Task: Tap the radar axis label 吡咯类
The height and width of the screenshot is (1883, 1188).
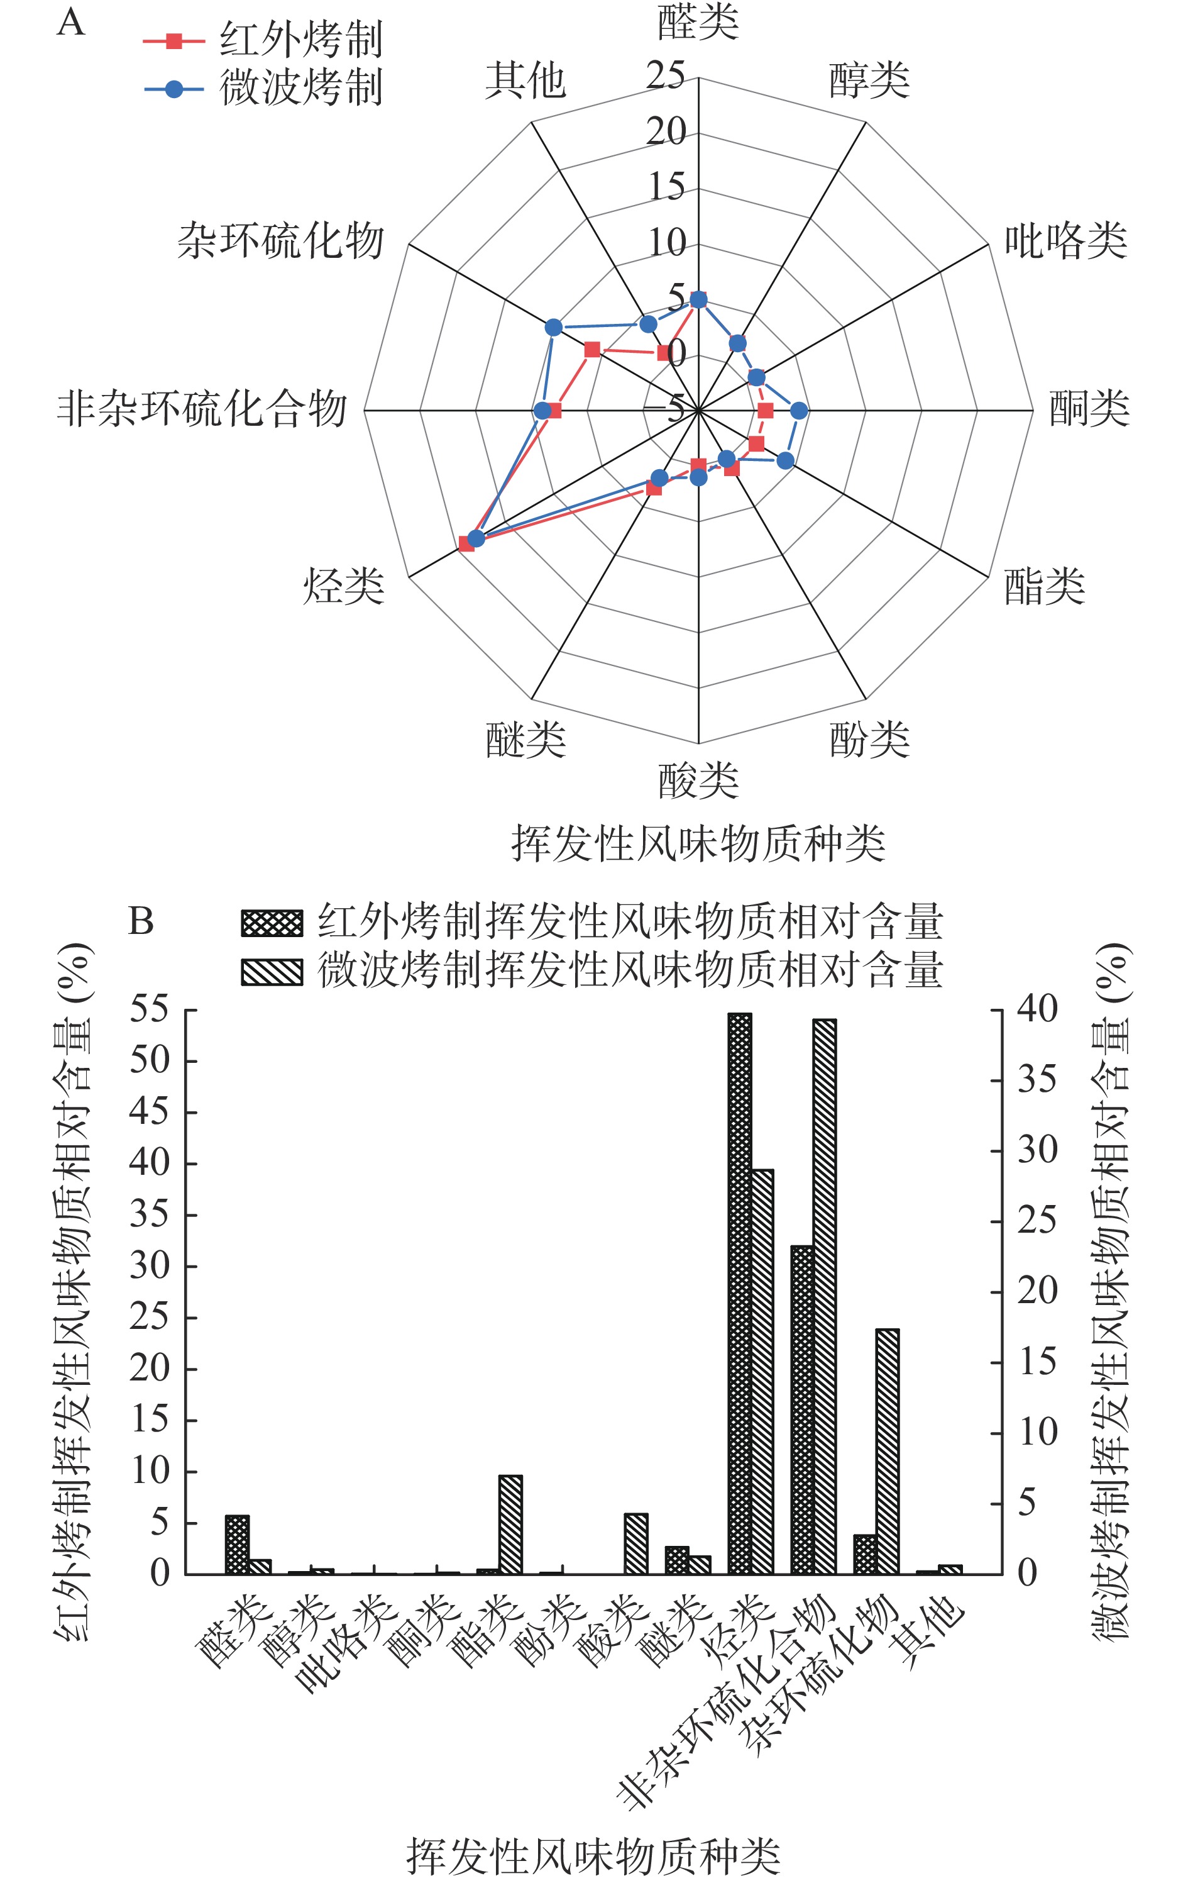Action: point(1065,240)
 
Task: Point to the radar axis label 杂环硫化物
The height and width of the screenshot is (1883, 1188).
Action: point(280,240)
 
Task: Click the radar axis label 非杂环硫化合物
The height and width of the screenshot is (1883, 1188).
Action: point(202,409)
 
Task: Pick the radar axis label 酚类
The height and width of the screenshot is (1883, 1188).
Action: point(869,739)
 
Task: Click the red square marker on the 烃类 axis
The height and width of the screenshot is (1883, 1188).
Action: point(466,543)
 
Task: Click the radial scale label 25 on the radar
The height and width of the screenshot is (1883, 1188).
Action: point(666,76)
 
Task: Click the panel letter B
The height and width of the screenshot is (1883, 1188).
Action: point(141,921)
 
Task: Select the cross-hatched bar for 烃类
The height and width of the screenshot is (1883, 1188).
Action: point(739,1292)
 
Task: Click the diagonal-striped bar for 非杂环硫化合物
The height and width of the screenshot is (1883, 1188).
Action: point(825,1295)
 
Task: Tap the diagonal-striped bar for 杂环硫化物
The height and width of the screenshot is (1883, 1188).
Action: point(887,1450)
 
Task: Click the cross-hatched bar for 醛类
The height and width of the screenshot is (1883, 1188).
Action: point(237,1545)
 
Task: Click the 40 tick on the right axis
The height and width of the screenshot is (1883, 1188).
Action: point(1037,1010)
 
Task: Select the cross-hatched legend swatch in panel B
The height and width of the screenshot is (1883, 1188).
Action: point(271,923)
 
